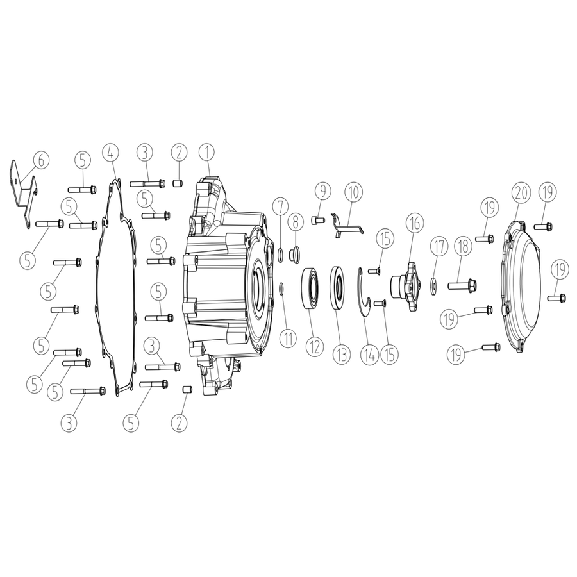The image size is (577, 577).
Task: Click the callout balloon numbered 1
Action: (207, 153)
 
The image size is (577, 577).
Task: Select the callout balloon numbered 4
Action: (110, 152)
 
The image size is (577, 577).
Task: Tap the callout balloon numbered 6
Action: (41, 160)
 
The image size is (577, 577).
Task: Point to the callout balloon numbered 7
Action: (280, 208)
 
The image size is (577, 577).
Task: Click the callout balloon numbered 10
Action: (353, 192)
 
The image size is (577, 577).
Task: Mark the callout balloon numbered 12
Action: (315, 346)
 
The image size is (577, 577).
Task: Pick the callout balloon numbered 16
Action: (415, 223)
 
